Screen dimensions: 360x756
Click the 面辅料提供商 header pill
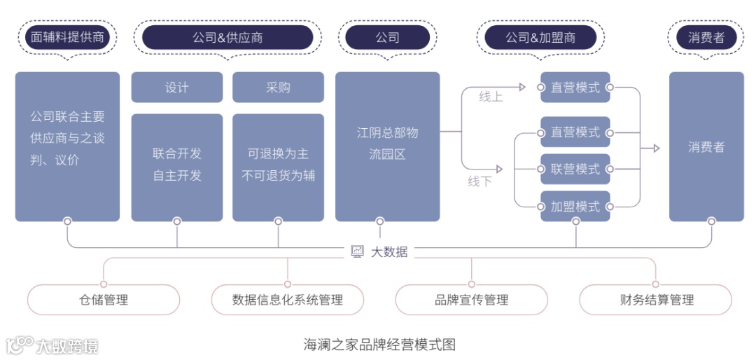[67, 37]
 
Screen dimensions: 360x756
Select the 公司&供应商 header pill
[227, 37]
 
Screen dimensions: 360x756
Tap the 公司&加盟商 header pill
[540, 37]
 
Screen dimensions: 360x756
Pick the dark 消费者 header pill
[706, 37]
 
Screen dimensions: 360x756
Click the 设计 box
[176, 88]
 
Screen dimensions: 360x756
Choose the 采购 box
[278, 88]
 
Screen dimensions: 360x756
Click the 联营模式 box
[575, 169]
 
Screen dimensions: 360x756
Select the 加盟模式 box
[575, 207]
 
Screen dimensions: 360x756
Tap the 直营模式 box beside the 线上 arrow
[575, 88]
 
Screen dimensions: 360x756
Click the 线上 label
[491, 97]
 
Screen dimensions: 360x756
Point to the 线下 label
[479, 181]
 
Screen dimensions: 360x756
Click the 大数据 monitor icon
[358, 251]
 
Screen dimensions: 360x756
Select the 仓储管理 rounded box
[104, 300]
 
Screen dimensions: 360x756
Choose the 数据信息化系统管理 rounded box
[288, 300]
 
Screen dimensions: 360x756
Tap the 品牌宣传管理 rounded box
[471, 300]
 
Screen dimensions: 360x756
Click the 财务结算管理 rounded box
[656, 300]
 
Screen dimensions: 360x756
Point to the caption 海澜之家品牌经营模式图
[379, 345]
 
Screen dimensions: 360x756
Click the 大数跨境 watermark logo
[52, 345]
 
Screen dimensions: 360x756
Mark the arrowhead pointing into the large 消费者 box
[656, 148]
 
